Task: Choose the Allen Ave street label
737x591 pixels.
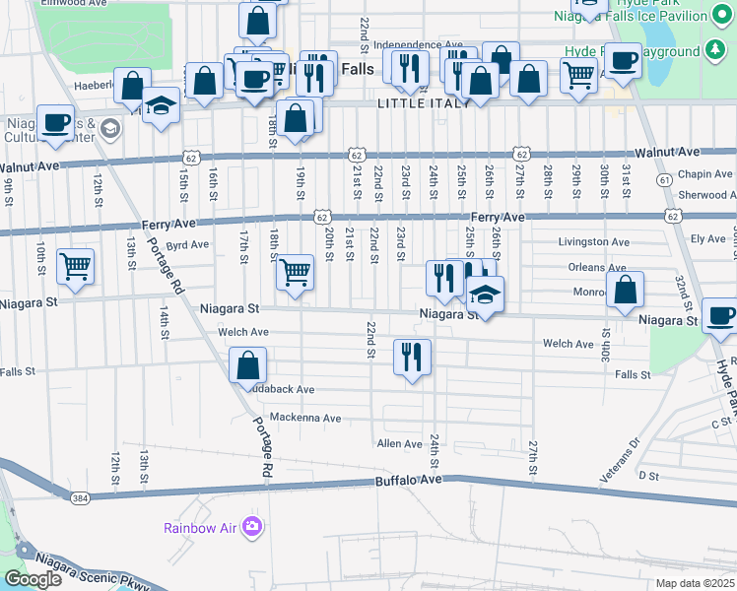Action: (x=399, y=444)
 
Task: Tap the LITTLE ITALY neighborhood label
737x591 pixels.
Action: (x=420, y=103)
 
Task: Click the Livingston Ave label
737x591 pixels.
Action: (x=593, y=241)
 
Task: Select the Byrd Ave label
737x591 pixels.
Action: (x=187, y=244)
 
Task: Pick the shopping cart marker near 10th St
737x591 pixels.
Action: (x=76, y=266)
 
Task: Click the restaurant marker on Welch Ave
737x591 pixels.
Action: (x=412, y=356)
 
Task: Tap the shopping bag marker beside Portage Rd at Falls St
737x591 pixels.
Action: (x=248, y=364)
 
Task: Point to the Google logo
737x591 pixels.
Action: (x=33, y=579)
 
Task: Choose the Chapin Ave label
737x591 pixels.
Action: (x=707, y=174)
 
